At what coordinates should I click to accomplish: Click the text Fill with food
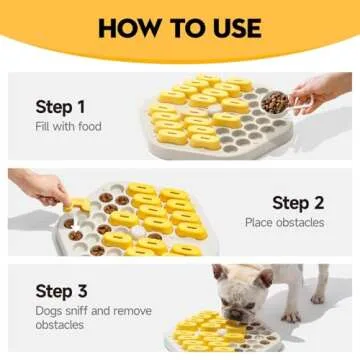point(68,127)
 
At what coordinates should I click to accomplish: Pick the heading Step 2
point(297,202)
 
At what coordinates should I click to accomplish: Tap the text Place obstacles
point(284,223)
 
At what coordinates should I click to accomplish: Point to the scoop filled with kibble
point(273,101)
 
